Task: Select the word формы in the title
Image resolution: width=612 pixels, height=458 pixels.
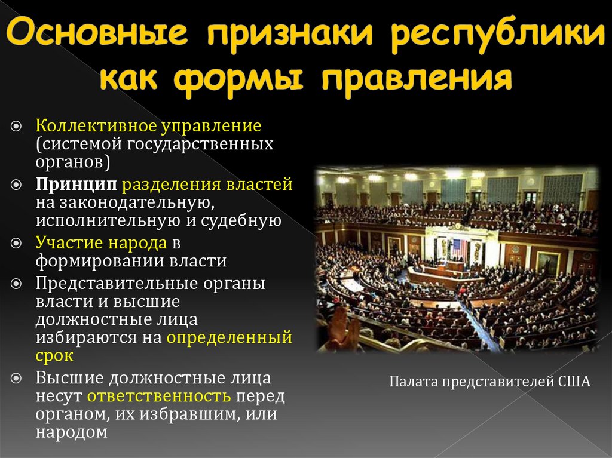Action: pos(239,79)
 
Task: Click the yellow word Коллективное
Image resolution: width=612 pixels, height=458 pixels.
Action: pos(95,127)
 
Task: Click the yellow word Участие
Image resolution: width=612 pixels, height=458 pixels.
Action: pos(71,242)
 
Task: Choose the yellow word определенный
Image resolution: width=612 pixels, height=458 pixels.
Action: pos(229,337)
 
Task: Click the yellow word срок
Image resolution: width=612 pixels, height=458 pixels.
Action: pos(54,356)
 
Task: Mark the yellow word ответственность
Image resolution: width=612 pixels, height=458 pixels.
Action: pos(159,396)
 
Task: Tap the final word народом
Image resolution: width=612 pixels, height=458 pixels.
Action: pos(72,432)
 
